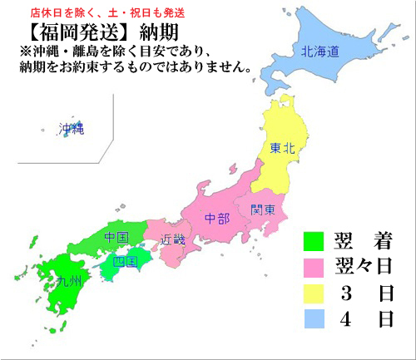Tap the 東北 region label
tap(282, 148)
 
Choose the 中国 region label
tap(116, 238)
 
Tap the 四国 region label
tap(124, 261)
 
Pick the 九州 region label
tap(69, 281)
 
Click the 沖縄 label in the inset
tap(72, 129)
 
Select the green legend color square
tap(312, 241)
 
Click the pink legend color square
tap(312, 267)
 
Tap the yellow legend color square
tap(312, 293)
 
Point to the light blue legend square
tap(312, 318)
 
